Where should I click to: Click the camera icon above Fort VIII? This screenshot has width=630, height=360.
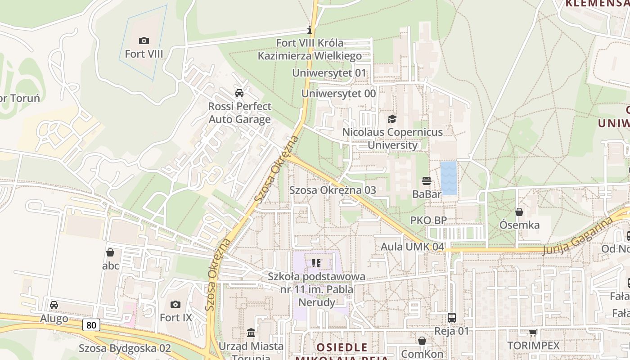[144, 41]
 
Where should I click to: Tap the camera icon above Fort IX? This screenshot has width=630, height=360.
[175, 305]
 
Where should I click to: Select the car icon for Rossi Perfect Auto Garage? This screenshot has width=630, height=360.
[239, 93]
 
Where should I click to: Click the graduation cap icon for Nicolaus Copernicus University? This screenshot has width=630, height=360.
[392, 119]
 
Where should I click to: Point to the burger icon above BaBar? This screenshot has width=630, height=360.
[427, 181]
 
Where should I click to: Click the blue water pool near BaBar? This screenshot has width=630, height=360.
[449, 178]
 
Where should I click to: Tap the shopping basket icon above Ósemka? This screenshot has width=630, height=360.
[519, 211]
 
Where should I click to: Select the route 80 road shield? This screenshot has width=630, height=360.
[91, 324]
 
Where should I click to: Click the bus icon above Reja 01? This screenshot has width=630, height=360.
[452, 318]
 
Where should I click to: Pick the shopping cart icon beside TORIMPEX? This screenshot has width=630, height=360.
[533, 333]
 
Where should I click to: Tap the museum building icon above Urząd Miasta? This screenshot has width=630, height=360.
[251, 333]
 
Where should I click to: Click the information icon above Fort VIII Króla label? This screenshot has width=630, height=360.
[310, 30]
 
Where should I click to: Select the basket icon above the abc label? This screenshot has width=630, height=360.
[110, 252]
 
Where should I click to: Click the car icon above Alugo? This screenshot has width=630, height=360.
[54, 305]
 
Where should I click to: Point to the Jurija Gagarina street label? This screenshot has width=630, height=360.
[578, 236]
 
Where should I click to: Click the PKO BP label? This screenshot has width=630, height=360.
[428, 220]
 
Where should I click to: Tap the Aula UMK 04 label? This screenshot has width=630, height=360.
[412, 247]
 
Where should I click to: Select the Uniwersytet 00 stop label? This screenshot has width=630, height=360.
[338, 94]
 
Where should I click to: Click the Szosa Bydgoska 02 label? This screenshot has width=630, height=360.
[125, 348]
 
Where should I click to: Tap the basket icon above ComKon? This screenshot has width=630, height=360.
[422, 341]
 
